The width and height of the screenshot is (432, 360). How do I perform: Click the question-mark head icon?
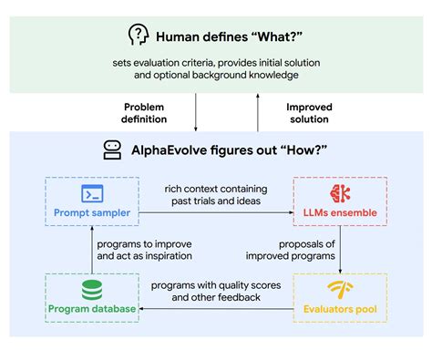click(137, 36)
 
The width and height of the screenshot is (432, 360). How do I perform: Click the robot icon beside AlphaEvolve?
click(113, 149)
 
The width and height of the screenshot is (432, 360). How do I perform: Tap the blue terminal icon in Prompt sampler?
click(91, 193)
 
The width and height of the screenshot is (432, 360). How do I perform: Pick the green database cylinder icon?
click(91, 290)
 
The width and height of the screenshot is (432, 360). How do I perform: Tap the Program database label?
click(91, 310)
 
